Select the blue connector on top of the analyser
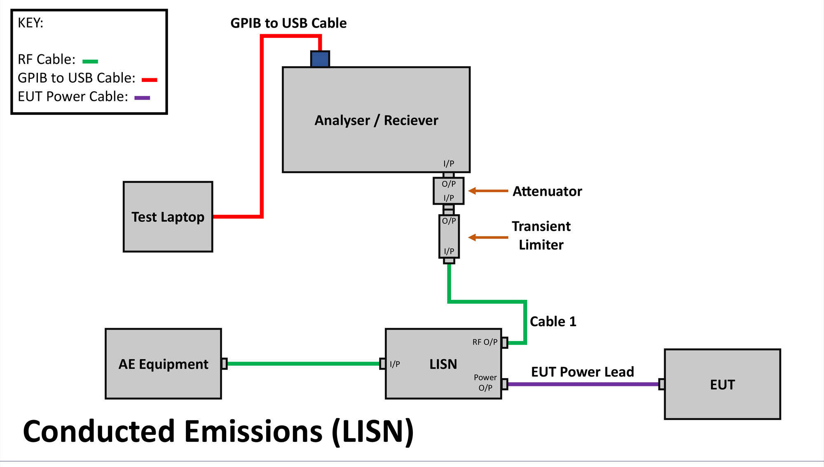320,59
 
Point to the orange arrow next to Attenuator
488,191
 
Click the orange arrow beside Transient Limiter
488,237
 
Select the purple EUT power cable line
583,384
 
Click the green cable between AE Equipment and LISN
303,364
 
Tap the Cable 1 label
553,321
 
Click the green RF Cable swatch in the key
90,61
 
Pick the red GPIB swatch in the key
150,80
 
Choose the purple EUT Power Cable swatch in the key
142,98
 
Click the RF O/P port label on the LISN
485,342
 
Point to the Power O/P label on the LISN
485,382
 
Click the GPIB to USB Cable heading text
288,23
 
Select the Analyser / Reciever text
376,120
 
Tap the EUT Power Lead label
582,372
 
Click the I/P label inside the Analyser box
449,163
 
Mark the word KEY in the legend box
30,23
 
